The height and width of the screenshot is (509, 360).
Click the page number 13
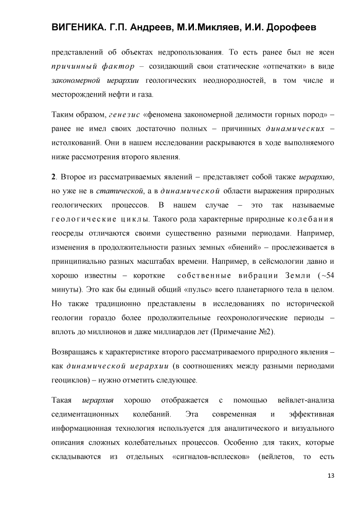tap(331, 475)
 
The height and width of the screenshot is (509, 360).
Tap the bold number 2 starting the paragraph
tap(53, 177)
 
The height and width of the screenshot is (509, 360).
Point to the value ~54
tap(326, 275)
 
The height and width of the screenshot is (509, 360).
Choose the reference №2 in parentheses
tap(264, 332)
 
